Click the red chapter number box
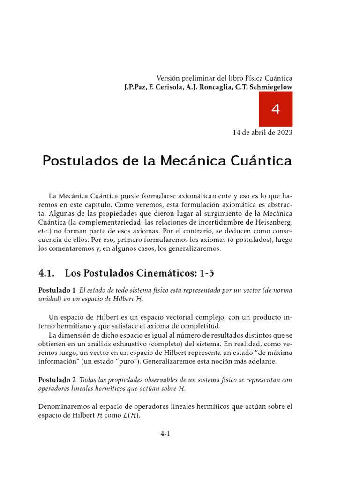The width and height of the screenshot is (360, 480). pos(276,109)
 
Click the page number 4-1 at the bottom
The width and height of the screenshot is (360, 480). pos(165,434)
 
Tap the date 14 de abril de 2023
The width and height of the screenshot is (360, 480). pos(262,133)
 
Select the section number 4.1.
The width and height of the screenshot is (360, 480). pos(47,273)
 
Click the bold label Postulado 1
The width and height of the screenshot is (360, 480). pos(56,291)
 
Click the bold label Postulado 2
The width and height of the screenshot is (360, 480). pos(56,380)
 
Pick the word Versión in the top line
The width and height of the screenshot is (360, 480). pos(168,78)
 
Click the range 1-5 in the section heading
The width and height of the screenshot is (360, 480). pos(204,273)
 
